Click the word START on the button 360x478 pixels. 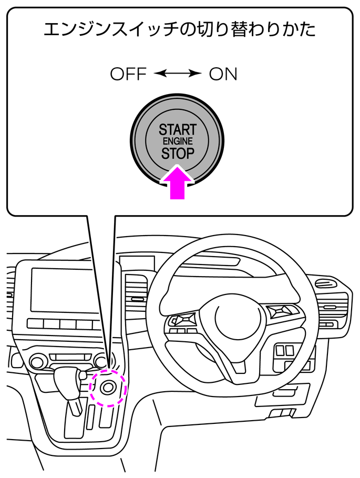178,129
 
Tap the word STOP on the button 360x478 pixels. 178,154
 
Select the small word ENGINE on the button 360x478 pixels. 178,141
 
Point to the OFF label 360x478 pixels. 128,74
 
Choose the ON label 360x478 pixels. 223,74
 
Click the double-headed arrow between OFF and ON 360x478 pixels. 178,74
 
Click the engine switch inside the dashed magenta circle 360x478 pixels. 108,388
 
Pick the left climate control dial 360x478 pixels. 37,362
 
